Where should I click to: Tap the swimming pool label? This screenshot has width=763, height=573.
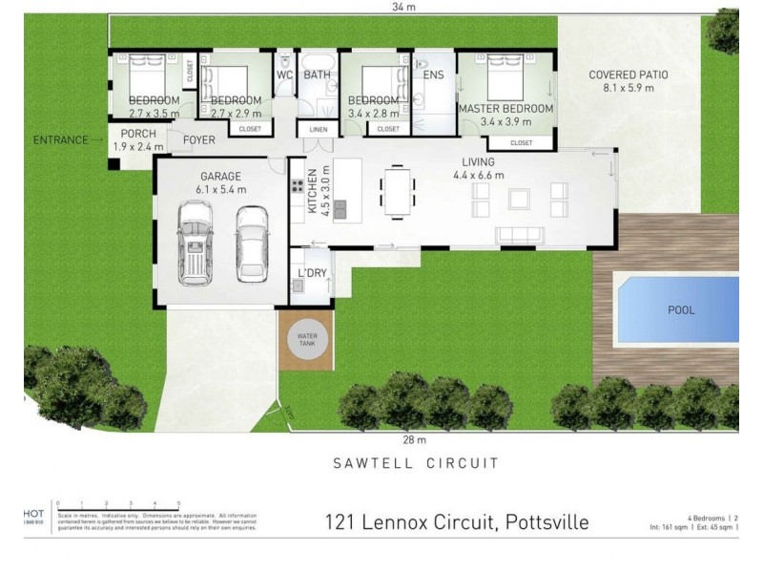coord(681,309)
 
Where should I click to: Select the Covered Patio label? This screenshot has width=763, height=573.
coord(628,74)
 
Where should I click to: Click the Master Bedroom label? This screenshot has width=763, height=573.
coord(505,109)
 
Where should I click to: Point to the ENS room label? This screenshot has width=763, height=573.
coord(434,74)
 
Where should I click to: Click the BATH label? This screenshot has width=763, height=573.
coord(317,74)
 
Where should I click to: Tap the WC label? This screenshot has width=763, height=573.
coord(284,74)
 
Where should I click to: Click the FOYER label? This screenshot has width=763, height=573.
coord(198,140)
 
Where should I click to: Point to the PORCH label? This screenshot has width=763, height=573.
coord(138,134)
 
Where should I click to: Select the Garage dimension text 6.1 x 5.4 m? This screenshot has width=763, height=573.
coord(220,189)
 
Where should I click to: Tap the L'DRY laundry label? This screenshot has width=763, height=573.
coord(312,273)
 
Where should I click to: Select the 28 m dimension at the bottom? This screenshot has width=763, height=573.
coord(414,440)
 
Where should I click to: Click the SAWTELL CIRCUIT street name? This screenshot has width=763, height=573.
coord(415,464)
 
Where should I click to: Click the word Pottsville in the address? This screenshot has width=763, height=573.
coord(542,522)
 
